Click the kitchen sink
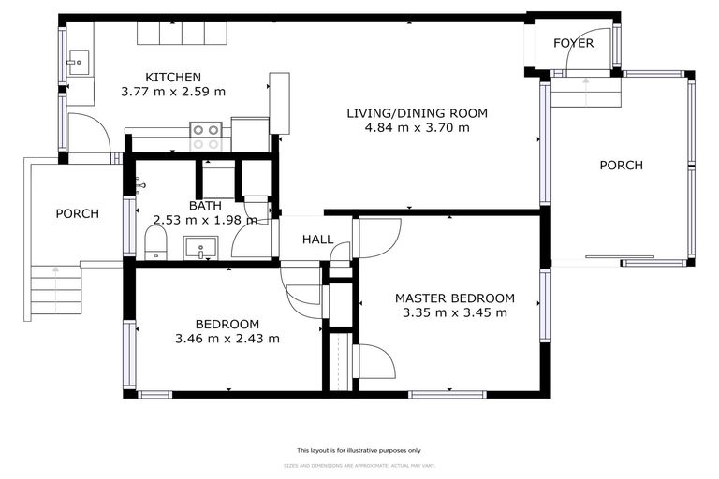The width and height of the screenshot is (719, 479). click(76, 64)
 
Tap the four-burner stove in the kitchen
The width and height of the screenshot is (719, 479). click(206, 137)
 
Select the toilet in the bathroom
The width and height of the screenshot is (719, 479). click(155, 245)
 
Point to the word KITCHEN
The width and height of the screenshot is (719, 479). click(173, 77)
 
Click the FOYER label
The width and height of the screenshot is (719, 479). click(574, 43)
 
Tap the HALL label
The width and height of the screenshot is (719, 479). click(317, 240)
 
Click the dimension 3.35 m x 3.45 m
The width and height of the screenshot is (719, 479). click(454, 312)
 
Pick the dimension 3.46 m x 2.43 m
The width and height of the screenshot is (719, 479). click(227, 339)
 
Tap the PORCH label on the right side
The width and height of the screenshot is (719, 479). click(621, 166)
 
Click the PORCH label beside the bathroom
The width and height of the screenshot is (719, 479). click(77, 213)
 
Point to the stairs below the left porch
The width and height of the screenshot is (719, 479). click(55, 293)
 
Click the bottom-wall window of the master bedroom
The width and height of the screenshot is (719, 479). click(448, 394)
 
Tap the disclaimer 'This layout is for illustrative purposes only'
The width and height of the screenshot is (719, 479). click(359, 450)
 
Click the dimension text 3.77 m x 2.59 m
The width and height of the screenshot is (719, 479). click(173, 92)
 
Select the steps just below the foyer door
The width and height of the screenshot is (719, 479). click(585, 93)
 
